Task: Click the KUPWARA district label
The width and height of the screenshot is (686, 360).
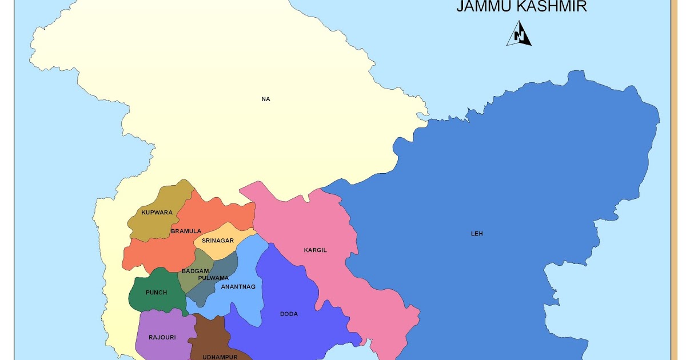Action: [157, 213]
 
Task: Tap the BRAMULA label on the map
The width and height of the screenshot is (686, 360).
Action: [186, 231]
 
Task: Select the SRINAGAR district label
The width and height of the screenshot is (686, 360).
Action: [218, 241]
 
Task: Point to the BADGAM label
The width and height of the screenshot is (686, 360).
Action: [193, 271]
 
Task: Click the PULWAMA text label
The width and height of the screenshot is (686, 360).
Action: [213, 278]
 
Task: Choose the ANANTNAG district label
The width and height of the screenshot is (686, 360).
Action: [238, 287]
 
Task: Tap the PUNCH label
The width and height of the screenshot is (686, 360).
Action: [156, 293]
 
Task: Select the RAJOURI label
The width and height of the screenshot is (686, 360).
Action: [162, 338]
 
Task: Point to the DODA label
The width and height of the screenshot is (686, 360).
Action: [289, 314]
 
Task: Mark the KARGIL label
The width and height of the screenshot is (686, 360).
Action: [315, 250]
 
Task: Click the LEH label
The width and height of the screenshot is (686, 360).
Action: [477, 234]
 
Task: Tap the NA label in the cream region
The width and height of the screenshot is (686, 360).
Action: [265, 99]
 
